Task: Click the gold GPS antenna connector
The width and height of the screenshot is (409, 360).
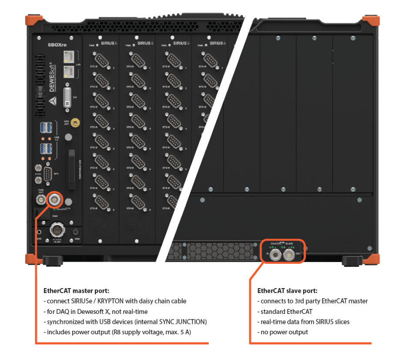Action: (x=75, y=124)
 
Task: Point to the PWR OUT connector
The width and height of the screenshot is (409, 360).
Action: (x=41, y=199)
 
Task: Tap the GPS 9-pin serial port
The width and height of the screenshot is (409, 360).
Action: (x=48, y=174)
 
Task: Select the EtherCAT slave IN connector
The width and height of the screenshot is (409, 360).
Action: (x=275, y=255)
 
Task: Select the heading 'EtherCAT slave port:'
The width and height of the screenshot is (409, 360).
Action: (x=287, y=290)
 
